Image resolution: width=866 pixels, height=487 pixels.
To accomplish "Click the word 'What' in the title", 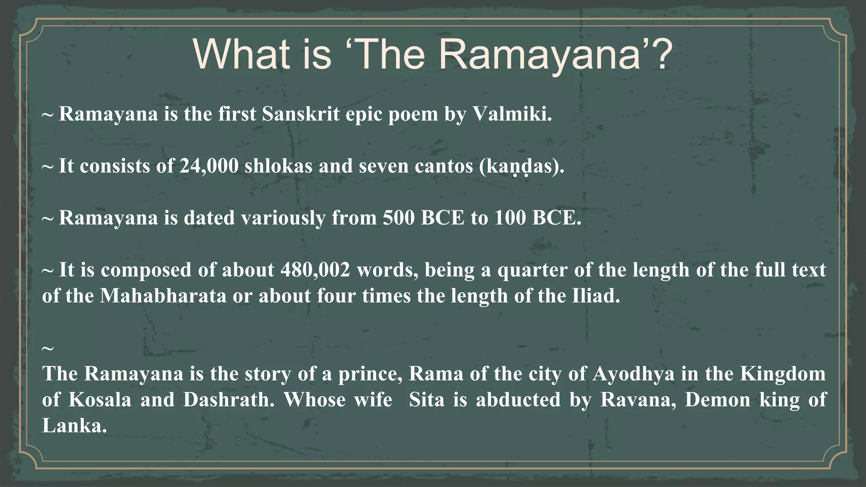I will point(241,55).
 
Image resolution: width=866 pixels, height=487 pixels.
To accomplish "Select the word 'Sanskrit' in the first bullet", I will point(301,114).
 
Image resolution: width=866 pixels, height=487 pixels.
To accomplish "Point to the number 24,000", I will point(209,166).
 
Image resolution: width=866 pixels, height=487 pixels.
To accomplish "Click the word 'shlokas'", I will point(278,166).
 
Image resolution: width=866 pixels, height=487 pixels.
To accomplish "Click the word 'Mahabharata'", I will point(163,295).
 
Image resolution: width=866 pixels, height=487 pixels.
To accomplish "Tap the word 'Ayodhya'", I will point(633,374).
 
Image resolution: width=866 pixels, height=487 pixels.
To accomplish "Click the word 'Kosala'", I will point(100,399).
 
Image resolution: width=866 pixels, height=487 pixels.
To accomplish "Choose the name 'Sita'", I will point(427,399).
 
